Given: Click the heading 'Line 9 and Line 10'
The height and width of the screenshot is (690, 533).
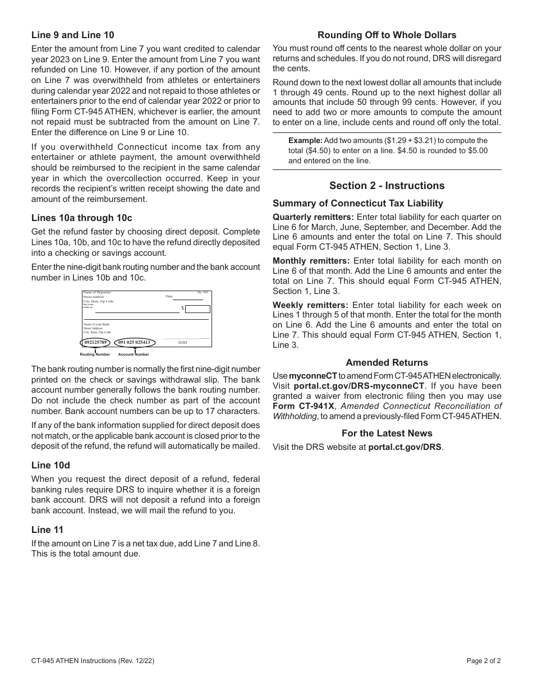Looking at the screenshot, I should click(x=72, y=35).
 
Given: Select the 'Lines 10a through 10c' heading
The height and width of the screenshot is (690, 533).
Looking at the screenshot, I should click(x=82, y=218).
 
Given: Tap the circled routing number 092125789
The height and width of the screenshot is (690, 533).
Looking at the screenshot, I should click(x=95, y=342).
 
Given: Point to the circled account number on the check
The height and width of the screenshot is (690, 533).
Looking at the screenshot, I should click(x=134, y=342).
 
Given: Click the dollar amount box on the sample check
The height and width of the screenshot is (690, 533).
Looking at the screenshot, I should click(x=197, y=309).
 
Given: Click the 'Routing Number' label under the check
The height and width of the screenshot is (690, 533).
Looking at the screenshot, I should click(x=95, y=355).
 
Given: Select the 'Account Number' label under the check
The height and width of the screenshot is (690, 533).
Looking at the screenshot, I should click(x=134, y=355).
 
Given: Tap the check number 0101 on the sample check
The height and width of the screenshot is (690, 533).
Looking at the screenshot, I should click(x=183, y=342).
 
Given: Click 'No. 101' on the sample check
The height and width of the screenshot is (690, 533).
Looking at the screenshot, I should click(x=203, y=292).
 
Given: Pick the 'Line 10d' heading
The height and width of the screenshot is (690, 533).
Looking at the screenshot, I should click(x=50, y=465).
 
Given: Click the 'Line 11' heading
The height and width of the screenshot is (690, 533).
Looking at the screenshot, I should click(x=47, y=530).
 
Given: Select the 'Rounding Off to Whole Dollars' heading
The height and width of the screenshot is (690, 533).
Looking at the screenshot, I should click(x=387, y=35).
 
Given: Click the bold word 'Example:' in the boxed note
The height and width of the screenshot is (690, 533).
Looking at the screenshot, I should click(x=305, y=141).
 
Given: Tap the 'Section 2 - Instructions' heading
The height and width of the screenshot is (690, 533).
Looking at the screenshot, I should click(x=387, y=186).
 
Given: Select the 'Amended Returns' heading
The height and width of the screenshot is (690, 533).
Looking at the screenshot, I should click(x=387, y=362).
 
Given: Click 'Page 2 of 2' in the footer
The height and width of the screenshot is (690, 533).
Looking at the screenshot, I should click(x=484, y=661).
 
